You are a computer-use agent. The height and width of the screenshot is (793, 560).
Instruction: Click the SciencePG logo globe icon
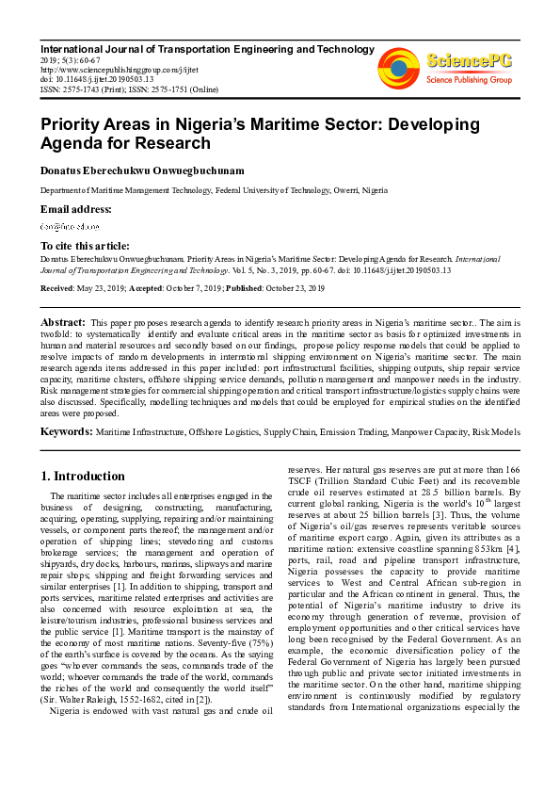[x=398, y=65]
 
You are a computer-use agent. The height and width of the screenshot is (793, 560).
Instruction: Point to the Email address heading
[x=75, y=209]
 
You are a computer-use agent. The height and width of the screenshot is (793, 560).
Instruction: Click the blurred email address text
[x=69, y=227]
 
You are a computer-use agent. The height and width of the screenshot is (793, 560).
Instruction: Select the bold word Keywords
[x=65, y=431]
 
